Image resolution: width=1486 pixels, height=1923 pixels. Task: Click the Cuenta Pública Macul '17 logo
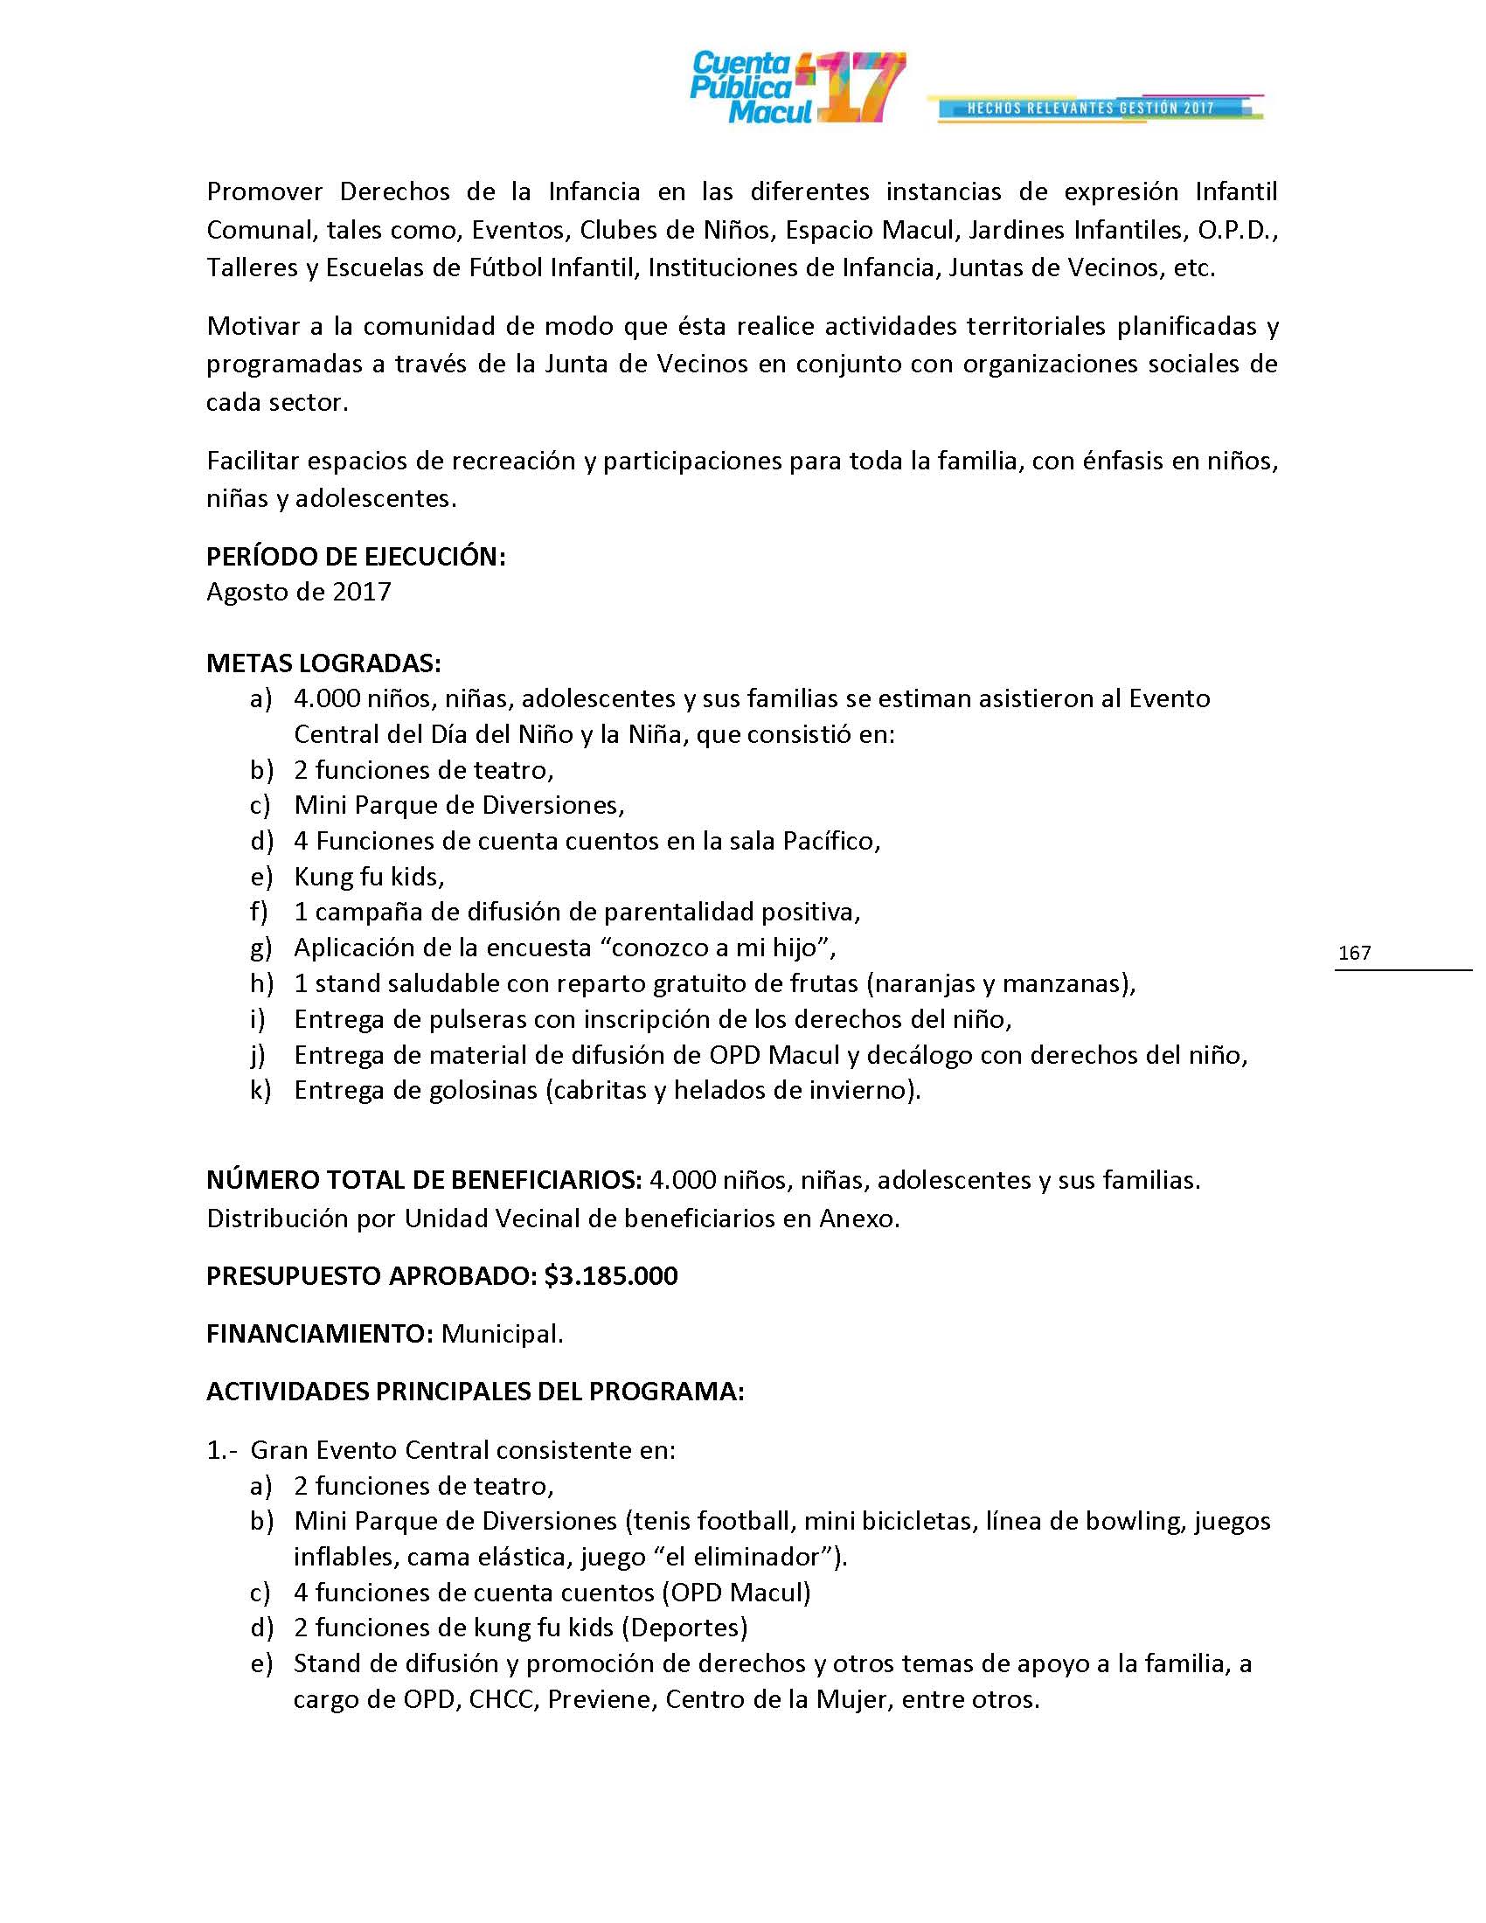point(796,88)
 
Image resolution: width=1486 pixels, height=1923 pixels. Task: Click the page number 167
point(1354,953)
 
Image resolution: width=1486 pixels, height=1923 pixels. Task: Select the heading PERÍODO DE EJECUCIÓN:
point(356,557)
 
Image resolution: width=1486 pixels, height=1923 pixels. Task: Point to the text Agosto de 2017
point(298,592)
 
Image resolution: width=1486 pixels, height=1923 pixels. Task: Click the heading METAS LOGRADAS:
point(323,663)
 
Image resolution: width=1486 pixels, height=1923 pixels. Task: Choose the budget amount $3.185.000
point(611,1276)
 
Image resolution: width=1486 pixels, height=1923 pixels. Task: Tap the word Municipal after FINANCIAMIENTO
point(502,1334)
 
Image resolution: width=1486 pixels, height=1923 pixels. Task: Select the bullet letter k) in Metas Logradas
point(260,1090)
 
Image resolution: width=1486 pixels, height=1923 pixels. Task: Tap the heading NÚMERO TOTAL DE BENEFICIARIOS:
point(423,1180)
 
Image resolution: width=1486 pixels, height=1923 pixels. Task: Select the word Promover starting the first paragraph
point(265,192)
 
